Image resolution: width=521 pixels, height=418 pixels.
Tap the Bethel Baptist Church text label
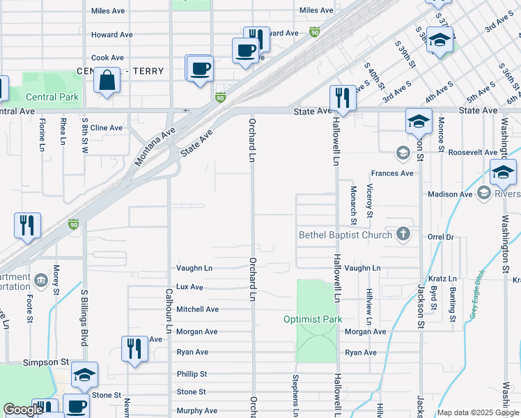(x=345, y=235)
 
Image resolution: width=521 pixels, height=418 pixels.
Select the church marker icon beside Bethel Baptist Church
(x=403, y=234)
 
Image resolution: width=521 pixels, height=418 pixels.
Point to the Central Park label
(x=52, y=98)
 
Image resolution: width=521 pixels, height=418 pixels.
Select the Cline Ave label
(x=107, y=127)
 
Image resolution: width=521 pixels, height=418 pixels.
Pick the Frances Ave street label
(x=392, y=173)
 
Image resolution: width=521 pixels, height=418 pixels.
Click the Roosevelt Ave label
(x=472, y=152)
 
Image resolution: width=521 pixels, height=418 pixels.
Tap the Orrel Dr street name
(x=440, y=237)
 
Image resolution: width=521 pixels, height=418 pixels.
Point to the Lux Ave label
(x=189, y=287)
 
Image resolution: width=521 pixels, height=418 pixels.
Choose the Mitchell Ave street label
(x=197, y=309)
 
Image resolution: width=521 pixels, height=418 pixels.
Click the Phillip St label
(x=192, y=375)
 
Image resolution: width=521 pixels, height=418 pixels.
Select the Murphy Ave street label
(x=196, y=411)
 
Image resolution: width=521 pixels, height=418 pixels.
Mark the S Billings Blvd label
(x=84, y=317)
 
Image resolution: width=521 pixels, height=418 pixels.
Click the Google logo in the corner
(x=23, y=410)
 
